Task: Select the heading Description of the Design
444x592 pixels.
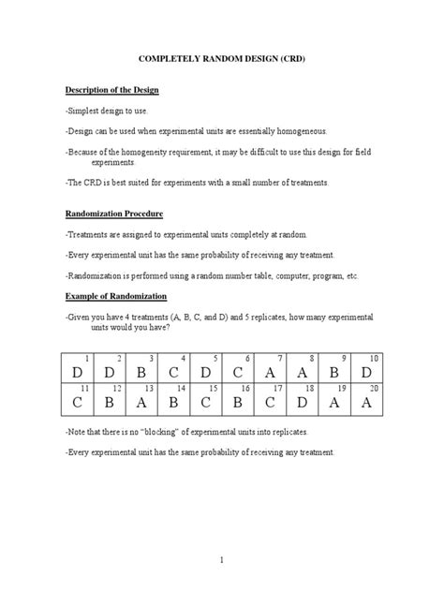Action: click(x=112, y=90)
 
